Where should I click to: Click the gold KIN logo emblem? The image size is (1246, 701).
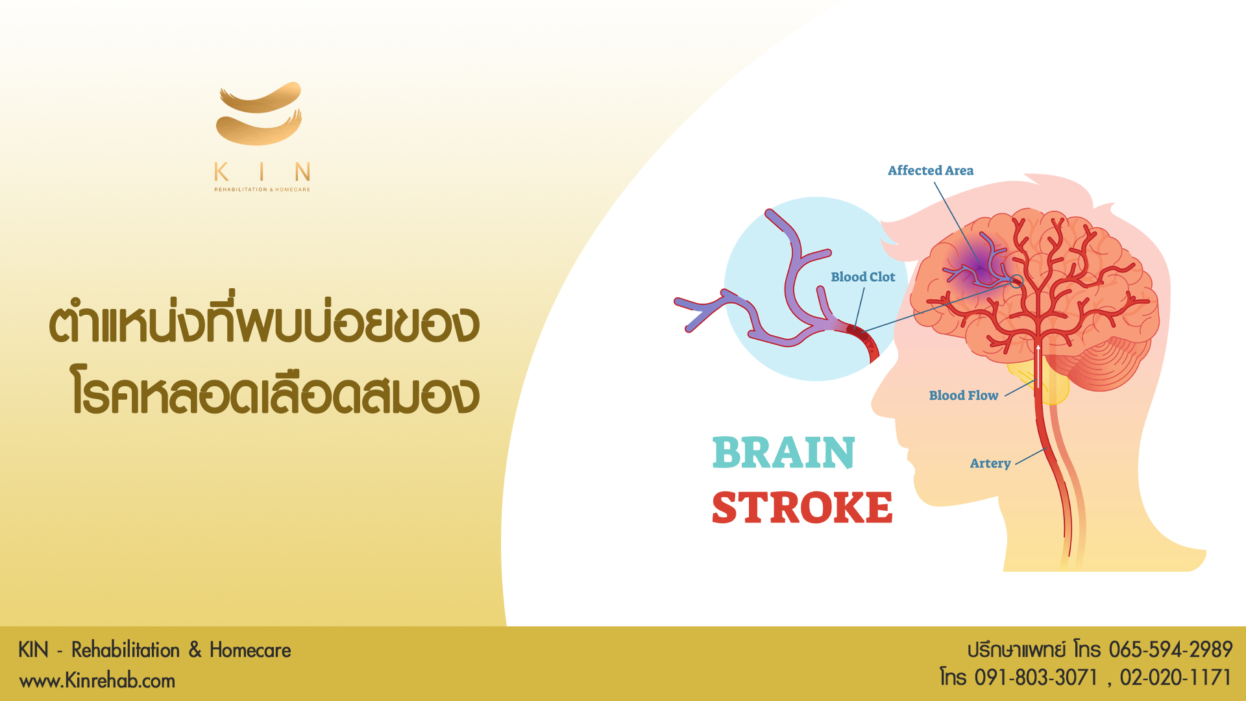coord(259,114)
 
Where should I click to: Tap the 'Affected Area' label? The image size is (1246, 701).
coord(931,171)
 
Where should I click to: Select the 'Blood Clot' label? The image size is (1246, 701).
coord(863,277)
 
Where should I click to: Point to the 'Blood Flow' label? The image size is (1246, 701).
coord(964,395)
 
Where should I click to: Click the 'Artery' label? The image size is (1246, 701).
coord(990,463)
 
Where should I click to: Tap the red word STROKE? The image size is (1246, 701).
coord(802,508)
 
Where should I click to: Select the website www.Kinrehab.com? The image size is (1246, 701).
coord(97,681)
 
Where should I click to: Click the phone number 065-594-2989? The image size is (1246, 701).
coord(1170,649)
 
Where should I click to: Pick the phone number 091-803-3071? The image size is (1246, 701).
coord(1036,678)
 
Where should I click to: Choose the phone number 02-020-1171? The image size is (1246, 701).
coord(1175,678)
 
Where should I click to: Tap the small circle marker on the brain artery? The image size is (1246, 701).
coord(1017,281)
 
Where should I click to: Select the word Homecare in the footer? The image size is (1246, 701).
coord(250,650)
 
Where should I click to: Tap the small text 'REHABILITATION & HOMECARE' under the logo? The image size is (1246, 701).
coord(262,190)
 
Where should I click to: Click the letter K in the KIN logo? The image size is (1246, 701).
coord(221,172)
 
